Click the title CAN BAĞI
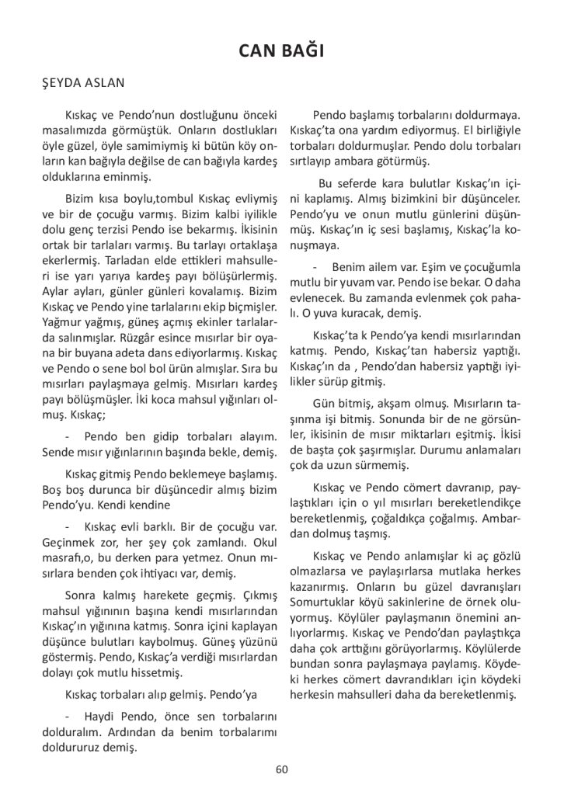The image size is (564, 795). point(282,51)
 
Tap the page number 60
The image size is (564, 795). point(282,769)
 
